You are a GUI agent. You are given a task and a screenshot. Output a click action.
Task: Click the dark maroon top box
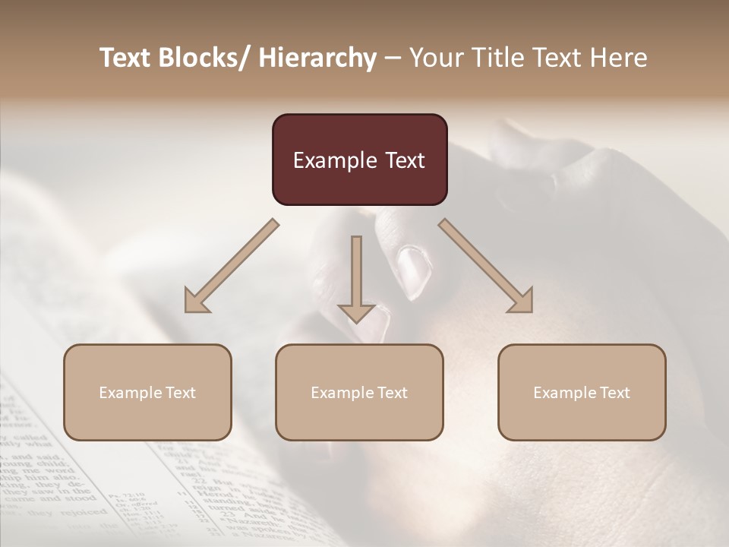(359, 160)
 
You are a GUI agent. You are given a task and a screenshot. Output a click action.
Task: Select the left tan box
(147, 392)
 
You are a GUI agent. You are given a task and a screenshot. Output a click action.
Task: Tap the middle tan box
(359, 392)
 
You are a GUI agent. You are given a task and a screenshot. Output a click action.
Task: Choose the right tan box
(582, 392)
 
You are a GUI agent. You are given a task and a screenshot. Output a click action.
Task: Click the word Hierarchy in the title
(317, 58)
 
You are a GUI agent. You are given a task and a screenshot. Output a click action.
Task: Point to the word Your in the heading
(434, 58)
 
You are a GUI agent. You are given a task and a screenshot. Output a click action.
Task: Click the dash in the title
(393, 58)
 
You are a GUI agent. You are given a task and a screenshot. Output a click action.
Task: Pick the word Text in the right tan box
(614, 393)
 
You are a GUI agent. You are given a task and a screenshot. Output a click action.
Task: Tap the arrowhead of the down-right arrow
(521, 301)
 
